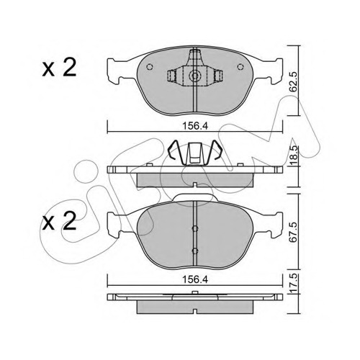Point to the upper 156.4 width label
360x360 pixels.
[x=195, y=126]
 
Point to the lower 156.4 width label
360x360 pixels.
[x=195, y=279]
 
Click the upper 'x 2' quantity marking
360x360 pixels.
[x=59, y=68]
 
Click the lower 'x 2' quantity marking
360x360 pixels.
[x=59, y=221]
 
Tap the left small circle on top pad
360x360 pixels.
[x=150, y=67]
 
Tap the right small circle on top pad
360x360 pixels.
[x=240, y=67]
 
